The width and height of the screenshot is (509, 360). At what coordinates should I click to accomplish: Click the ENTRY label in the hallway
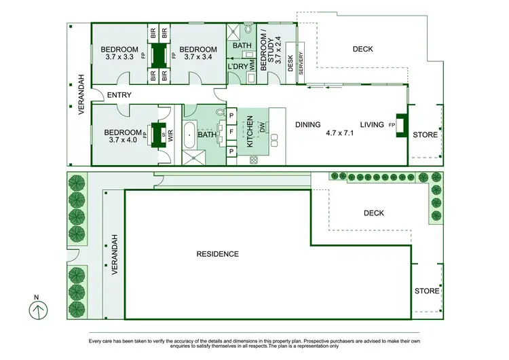coord(119,95)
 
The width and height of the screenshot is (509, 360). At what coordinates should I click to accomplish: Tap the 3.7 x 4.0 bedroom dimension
coord(123,141)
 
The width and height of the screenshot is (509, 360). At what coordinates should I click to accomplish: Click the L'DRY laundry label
coord(238,67)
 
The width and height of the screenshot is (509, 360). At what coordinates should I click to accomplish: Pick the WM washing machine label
coord(250,67)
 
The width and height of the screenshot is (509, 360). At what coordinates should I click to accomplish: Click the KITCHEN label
coord(250,132)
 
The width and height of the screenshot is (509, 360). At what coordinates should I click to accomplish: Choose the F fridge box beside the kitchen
coord(231,132)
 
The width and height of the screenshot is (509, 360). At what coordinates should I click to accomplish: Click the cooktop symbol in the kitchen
coord(254,160)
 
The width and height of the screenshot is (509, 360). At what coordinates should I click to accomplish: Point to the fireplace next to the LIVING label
coord(400,125)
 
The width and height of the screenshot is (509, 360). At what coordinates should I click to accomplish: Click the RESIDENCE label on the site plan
coord(217,254)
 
